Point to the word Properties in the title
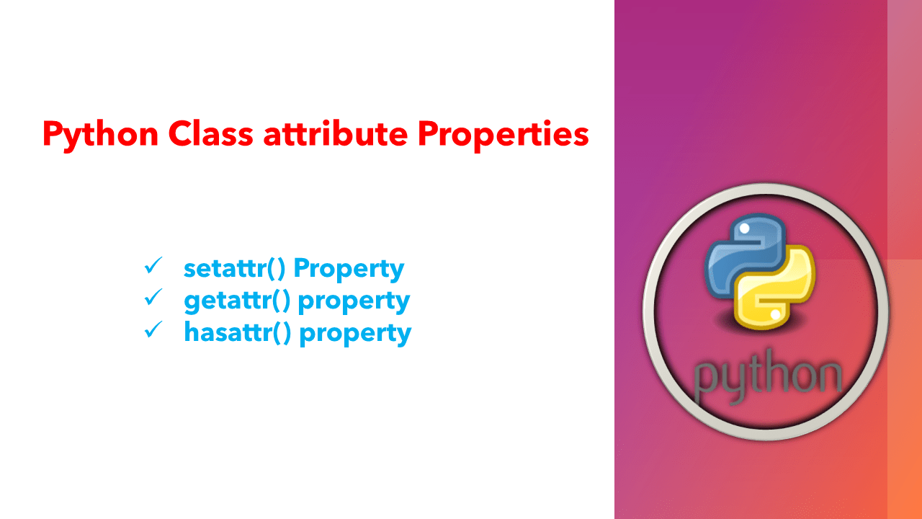504,135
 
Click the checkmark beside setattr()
153,266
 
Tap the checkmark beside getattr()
153,298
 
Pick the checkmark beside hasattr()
153,331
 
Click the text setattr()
235,268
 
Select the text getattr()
236,301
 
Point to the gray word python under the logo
767,376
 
